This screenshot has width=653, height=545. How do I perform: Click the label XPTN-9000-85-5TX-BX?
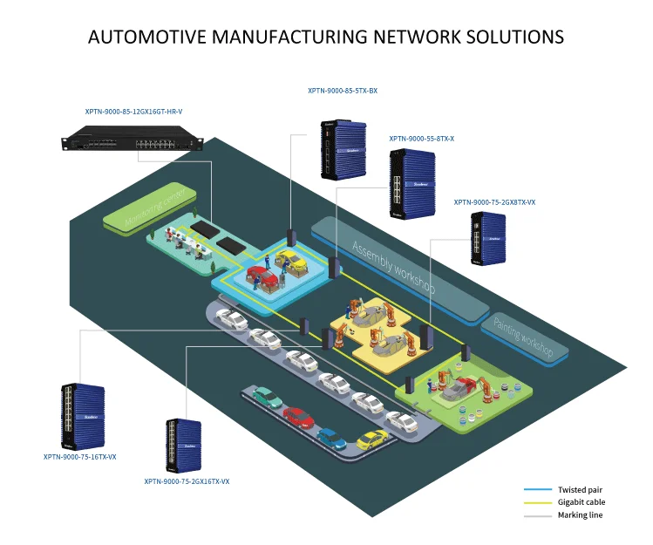pyautogui.click(x=342, y=91)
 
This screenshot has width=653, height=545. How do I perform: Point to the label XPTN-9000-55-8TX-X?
pyautogui.click(x=422, y=139)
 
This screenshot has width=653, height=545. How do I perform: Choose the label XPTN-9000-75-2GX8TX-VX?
pyautogui.click(x=494, y=202)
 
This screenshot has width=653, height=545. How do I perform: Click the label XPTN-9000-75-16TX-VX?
pyautogui.click(x=79, y=456)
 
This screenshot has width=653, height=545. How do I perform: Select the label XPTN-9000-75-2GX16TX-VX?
pyautogui.click(x=187, y=481)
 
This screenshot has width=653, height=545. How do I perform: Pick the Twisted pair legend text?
pyautogui.click(x=580, y=489)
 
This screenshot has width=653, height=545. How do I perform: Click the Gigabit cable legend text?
pyautogui.click(x=581, y=502)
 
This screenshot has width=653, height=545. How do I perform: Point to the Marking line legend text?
pyautogui.click(x=580, y=515)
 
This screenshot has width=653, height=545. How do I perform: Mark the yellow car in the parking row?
pyautogui.click(x=371, y=440)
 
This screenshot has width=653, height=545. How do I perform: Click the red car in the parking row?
pyautogui.click(x=298, y=417)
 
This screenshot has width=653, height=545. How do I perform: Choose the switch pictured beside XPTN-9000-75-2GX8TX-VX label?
pyautogui.click(x=487, y=240)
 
